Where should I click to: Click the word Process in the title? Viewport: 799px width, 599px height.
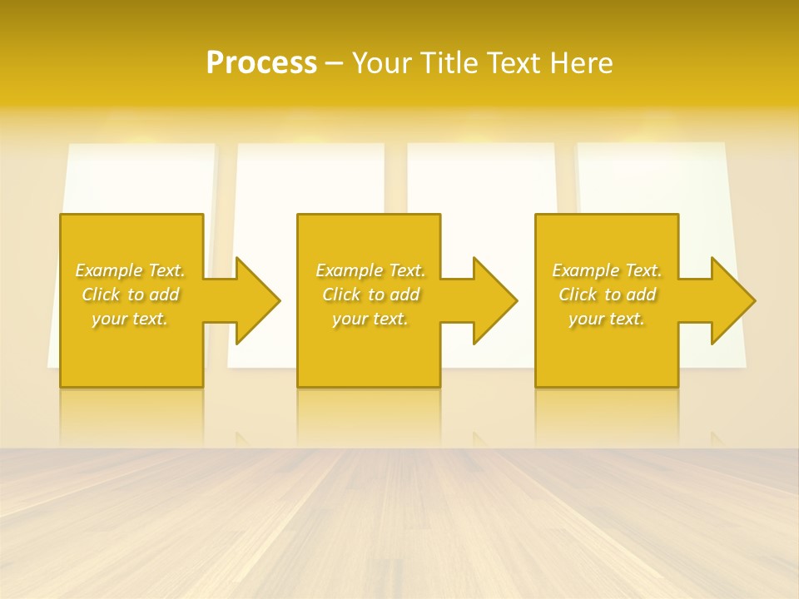[x=261, y=63]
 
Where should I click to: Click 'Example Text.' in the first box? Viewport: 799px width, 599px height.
[x=130, y=270]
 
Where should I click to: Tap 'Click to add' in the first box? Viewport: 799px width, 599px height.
[x=130, y=295]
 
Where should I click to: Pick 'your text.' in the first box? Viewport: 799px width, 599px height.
[x=130, y=319]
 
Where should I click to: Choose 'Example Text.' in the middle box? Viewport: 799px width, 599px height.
[x=370, y=270]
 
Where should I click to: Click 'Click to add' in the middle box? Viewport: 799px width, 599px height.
[x=370, y=295]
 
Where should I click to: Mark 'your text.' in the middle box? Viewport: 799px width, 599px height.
[x=370, y=319]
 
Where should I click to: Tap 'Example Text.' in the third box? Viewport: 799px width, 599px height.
[x=607, y=270]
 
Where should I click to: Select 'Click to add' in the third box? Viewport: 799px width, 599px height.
[x=607, y=295]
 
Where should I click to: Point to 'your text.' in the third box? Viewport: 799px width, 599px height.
[x=607, y=319]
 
